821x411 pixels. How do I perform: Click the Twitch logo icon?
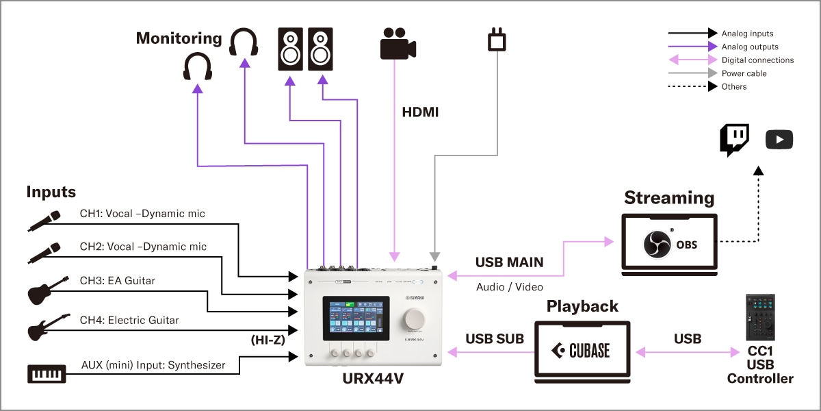tap(733, 140)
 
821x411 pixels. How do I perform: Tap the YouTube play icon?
tap(779, 140)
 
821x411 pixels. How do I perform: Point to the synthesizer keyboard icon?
tap(47, 374)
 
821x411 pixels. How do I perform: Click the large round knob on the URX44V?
tap(417, 319)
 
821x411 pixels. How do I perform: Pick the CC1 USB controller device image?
tap(760, 319)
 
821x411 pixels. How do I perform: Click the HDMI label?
tap(419, 112)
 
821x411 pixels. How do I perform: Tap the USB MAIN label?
tap(509, 262)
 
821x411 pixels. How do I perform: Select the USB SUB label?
tap(495, 338)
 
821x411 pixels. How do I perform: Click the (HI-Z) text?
tap(268, 338)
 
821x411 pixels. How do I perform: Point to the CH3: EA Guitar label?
tap(117, 280)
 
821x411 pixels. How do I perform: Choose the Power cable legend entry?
tap(744, 73)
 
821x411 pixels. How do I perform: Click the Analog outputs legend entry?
tap(750, 47)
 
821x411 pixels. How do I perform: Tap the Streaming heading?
tap(668, 198)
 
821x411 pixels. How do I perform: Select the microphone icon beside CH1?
tap(44, 220)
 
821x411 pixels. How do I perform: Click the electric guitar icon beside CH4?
tap(48, 327)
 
